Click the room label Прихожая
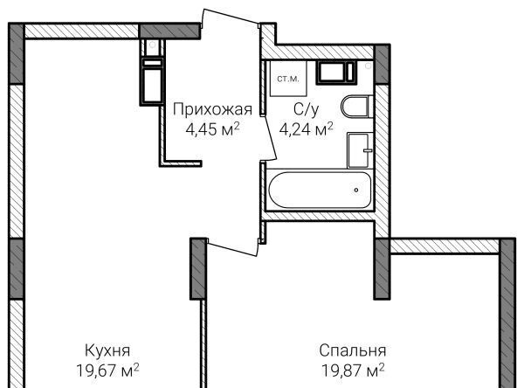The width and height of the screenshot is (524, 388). pos(212,109)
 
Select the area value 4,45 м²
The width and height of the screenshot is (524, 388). pos(212,128)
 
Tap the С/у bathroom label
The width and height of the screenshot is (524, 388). pos(307,109)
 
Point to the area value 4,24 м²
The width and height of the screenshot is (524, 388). pos(307,128)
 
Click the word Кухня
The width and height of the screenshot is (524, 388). pos(107,350)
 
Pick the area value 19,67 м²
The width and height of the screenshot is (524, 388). pos(107,370)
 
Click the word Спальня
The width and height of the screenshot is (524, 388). pos(353,350)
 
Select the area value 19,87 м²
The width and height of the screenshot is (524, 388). pos(353,370)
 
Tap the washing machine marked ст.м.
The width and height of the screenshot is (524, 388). pos(288,79)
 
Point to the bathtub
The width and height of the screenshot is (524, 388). pos(320,190)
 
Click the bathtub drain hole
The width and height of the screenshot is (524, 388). pos(356,190)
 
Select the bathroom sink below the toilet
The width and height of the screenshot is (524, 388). pos(361,150)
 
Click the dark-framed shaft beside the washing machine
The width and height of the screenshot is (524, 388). pos(336,73)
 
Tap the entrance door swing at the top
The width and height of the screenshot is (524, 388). pos(231,21)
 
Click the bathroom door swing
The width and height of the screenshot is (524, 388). pos(268,138)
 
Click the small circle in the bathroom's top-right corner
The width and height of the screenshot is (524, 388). pos(368,66)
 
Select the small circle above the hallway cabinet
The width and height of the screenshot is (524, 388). pos(152,45)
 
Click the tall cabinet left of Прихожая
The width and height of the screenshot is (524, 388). pos(152,81)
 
